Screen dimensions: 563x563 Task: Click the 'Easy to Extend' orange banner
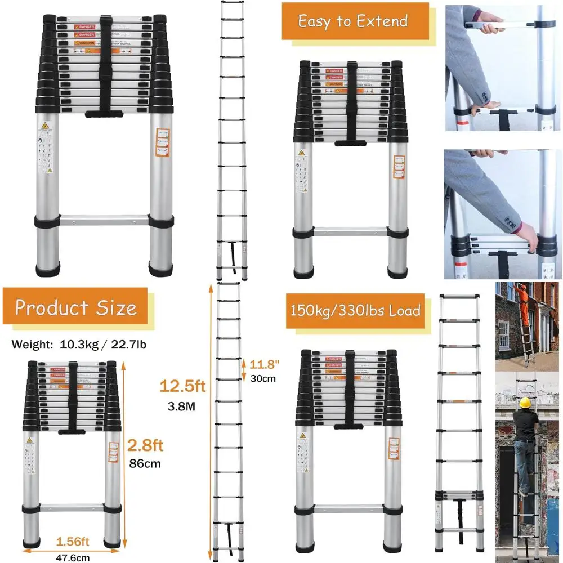tap(352, 21)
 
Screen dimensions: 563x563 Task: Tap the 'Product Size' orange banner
tap(75, 307)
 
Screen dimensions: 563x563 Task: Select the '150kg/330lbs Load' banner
tap(356, 310)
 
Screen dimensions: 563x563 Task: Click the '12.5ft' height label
tap(180, 387)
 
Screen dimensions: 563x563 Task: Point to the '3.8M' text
tap(180, 406)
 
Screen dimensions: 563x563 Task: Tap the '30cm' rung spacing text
tap(263, 378)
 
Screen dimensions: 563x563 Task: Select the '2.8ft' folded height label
tap(145, 446)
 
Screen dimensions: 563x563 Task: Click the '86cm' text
tap(145, 464)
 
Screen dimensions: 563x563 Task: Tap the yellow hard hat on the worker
tap(526, 403)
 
